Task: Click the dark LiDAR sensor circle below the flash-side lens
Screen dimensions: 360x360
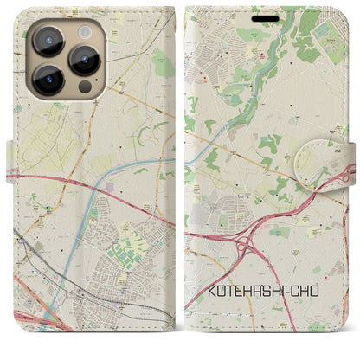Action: pos(83,87)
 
